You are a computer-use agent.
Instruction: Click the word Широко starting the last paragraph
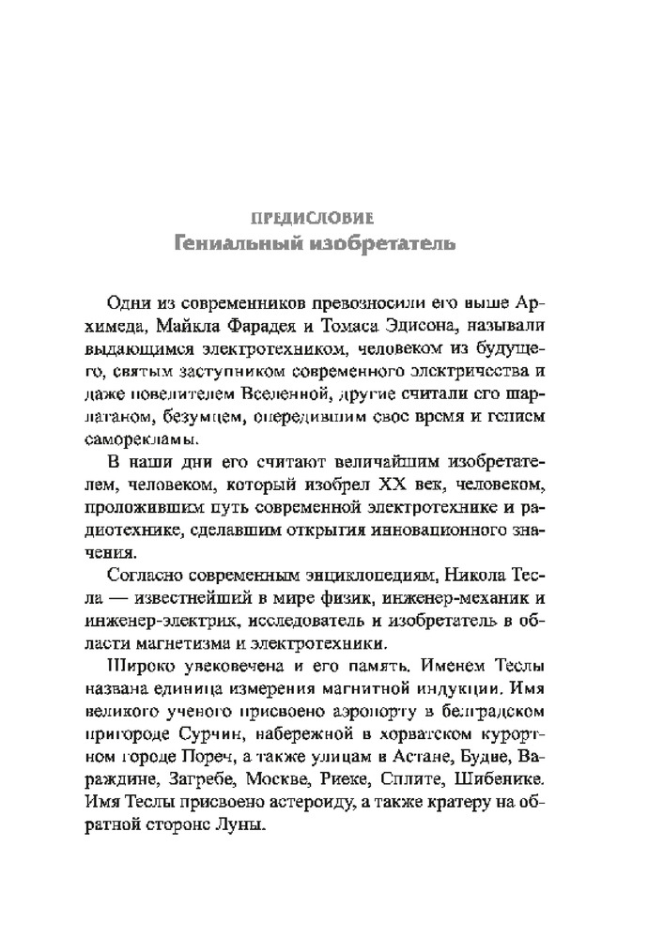pos(133,667)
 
